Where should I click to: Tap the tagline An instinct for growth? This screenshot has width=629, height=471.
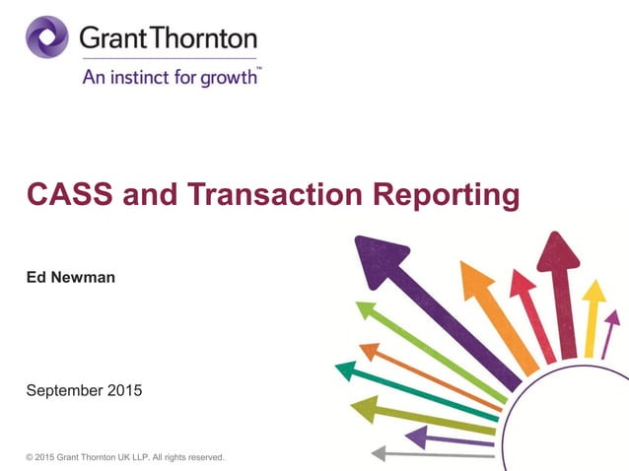[170, 77]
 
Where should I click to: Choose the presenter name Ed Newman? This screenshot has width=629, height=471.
[70, 278]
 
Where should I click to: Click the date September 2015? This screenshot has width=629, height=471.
[84, 390]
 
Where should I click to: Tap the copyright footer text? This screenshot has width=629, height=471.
[125, 457]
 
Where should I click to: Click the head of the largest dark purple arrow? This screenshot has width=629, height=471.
[379, 258]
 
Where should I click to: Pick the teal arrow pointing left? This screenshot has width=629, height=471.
[414, 388]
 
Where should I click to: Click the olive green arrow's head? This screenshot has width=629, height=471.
[366, 406]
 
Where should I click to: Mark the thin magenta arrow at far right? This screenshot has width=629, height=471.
[610, 330]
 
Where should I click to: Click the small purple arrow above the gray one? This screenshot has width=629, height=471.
[444, 436]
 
